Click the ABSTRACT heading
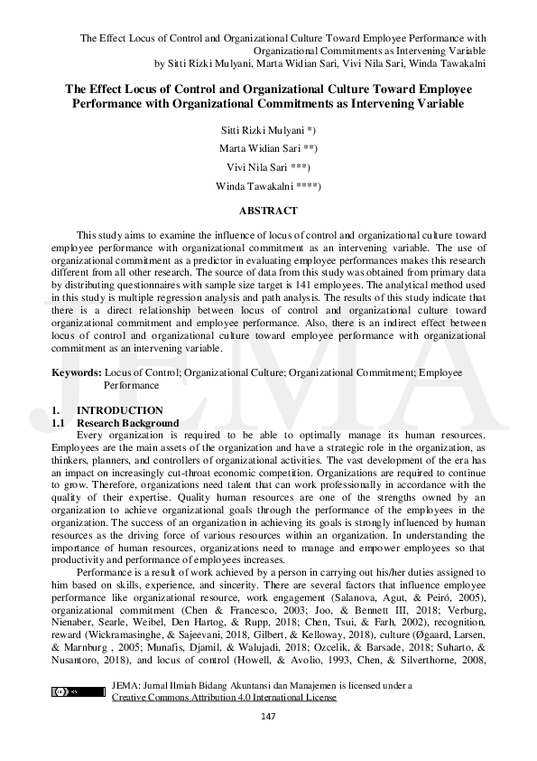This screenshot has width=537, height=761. (x=268, y=211)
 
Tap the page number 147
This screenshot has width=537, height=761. (x=268, y=717)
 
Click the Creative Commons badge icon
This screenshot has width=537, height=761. (x=79, y=691)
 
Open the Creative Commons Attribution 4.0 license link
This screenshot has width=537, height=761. (x=223, y=697)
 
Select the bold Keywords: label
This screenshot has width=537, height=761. (x=77, y=371)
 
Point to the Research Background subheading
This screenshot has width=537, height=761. (x=127, y=423)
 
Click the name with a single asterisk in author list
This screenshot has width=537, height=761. (x=268, y=130)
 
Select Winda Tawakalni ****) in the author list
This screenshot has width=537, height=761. (x=268, y=186)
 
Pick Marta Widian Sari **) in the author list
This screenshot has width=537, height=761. (x=268, y=149)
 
